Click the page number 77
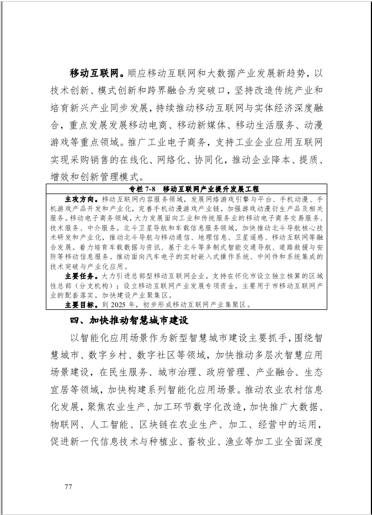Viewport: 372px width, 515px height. [x=68, y=486]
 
